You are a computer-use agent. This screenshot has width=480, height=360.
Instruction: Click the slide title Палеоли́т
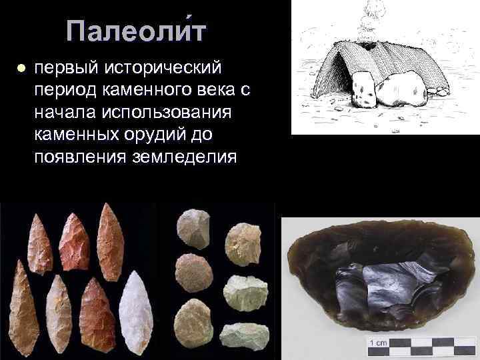tap(137, 31)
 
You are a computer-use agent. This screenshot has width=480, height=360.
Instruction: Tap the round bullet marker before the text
tap(21, 69)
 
